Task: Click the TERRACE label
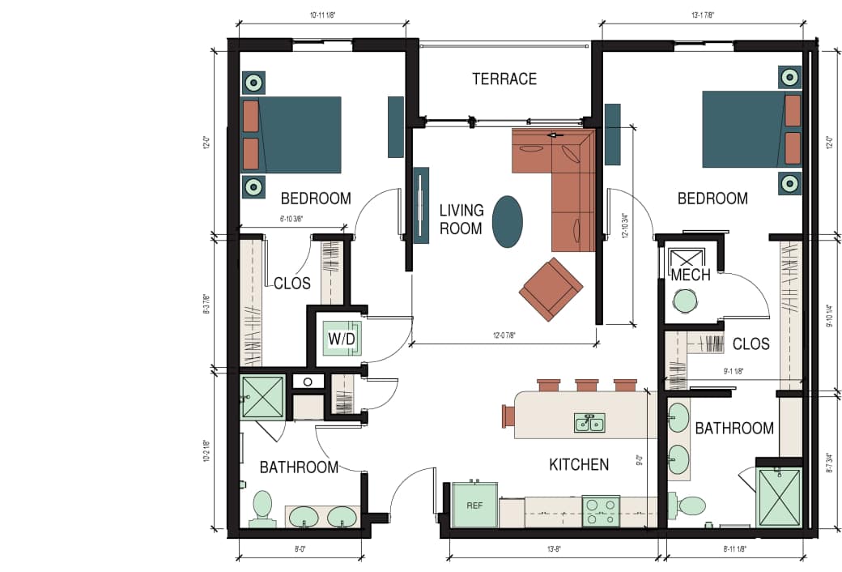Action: coord(504,79)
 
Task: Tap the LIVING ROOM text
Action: coord(461,220)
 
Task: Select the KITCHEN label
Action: coord(579,464)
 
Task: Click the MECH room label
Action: coord(691,275)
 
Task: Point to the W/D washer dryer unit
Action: coord(341,338)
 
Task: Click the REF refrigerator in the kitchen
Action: coord(474,505)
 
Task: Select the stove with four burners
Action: coord(600,511)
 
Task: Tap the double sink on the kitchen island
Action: coord(589,422)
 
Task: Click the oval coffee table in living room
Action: coord(508,221)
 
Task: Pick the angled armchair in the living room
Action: coord(551,288)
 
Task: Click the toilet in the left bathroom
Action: coord(262,508)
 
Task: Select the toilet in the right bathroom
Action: coord(690,506)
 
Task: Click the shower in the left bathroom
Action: coord(263,396)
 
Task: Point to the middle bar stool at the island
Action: coord(587,385)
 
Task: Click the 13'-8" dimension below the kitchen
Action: coord(554,549)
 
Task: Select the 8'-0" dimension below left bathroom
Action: coord(299,549)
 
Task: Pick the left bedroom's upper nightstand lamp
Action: coord(253,82)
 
